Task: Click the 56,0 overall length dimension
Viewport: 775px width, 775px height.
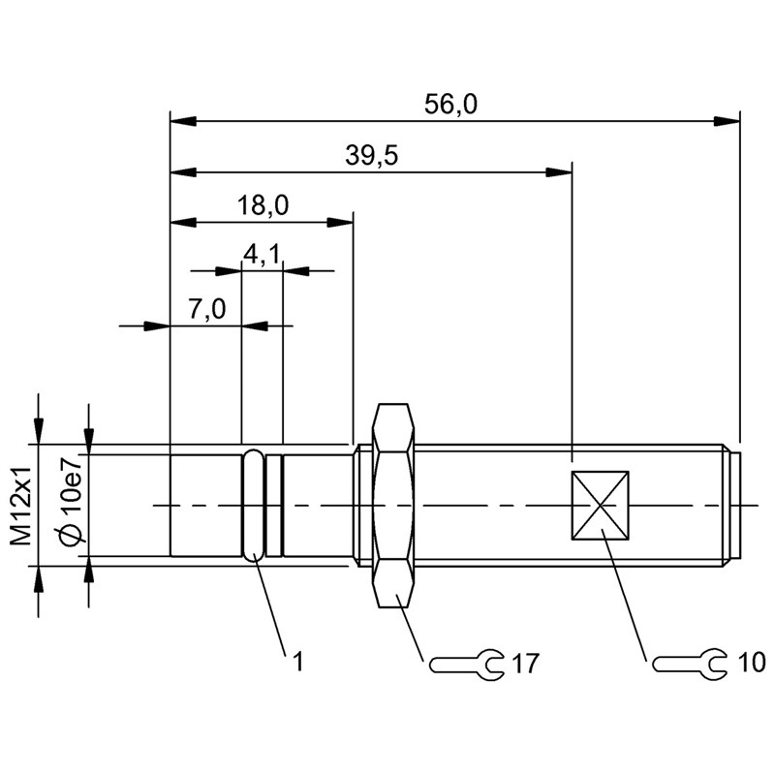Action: coord(450,105)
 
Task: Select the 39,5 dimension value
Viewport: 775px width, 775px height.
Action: coord(371,156)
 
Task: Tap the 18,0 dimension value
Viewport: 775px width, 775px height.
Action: coord(263,205)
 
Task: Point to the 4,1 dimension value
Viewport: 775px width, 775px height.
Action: coord(262,254)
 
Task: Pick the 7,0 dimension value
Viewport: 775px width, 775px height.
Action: coord(206,309)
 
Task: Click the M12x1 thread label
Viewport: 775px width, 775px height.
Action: coord(21,506)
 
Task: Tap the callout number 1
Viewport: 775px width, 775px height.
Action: coord(297,662)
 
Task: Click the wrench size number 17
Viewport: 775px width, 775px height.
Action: coord(525,664)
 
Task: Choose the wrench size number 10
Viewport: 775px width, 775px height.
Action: coord(752,662)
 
